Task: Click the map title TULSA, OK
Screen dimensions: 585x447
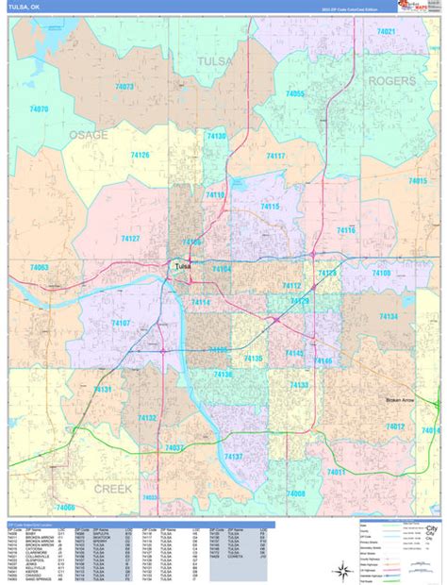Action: pos(24,8)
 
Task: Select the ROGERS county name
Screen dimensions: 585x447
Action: pos(391,81)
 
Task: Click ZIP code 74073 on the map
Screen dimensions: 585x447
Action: pos(124,86)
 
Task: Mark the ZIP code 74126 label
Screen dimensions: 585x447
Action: pos(141,155)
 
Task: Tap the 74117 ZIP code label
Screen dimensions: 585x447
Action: pos(275,156)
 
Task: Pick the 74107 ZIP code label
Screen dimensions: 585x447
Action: pos(121,323)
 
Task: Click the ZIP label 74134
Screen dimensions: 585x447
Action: pos(389,316)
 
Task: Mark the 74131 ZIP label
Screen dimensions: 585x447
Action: pos(103,389)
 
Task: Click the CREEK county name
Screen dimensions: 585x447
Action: pos(112,488)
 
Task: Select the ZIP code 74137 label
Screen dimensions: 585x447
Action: pos(233,456)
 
